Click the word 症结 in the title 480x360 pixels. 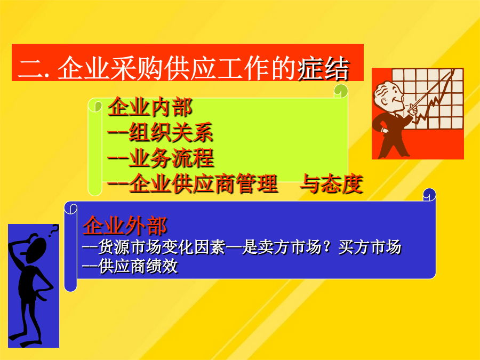323,68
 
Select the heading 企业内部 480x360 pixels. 150,107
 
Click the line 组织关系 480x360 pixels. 171,132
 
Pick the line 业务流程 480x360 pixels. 171,158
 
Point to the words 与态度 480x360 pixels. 332,183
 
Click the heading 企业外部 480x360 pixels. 125,225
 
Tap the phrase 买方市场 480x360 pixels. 370,247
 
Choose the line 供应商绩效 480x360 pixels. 138,266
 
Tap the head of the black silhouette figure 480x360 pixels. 36,249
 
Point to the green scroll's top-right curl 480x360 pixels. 341,91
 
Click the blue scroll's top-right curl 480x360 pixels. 429,194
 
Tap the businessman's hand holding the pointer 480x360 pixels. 413,109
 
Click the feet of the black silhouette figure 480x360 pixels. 25,339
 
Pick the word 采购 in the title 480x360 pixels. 137,68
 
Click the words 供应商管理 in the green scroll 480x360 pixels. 203,183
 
